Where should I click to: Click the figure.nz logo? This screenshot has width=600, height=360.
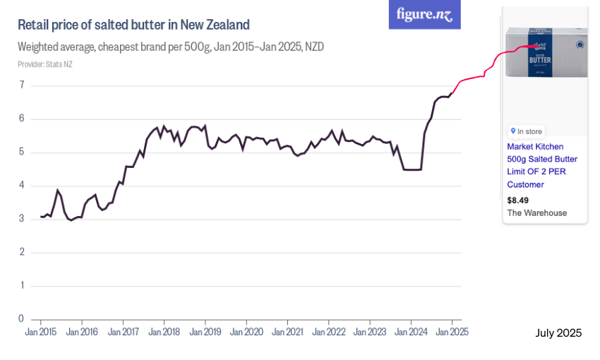pos(424,14)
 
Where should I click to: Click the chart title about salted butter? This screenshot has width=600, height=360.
pos(133,25)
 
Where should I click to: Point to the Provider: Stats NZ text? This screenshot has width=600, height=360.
pos(44,64)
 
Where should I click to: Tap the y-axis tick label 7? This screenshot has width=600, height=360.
pos(22,85)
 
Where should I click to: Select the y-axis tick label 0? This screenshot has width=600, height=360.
pos(22,319)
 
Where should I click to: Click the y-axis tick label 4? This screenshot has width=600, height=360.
pos(22,186)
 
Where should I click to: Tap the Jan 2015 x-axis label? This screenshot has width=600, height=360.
pos(41,332)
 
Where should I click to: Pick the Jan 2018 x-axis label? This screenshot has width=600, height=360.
pos(164,332)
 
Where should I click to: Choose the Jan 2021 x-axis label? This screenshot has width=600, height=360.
pos(287,332)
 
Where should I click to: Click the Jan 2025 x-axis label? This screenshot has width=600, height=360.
pos(452,332)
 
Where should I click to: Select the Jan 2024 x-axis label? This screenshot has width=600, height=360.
pos(411,332)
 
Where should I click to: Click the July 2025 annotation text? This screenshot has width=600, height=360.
pos(558,333)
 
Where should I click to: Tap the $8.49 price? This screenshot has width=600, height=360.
pos(517,200)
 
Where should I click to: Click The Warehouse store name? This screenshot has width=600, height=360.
pos(536,212)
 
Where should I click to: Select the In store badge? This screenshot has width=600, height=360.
pos(527,131)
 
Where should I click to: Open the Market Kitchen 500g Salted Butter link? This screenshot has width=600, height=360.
pos(541,165)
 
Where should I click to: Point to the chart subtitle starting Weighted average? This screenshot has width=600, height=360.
pos(170,47)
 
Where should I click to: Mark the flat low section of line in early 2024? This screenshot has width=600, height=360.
pos(412,169)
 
